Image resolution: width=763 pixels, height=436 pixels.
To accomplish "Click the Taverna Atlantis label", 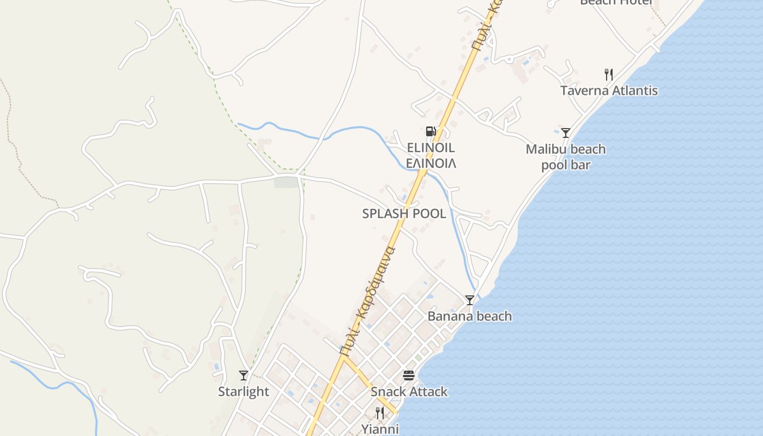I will tap(609, 90).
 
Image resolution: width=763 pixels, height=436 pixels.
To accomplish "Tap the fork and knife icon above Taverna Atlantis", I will tap(609, 75).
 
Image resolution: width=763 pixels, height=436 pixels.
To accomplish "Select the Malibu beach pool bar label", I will tap(566, 157).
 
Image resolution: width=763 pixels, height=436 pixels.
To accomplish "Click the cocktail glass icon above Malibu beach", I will tap(566, 132).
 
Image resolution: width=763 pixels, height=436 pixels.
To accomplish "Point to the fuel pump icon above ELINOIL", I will tap(431, 131).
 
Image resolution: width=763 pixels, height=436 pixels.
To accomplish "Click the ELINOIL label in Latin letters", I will tap(431, 148).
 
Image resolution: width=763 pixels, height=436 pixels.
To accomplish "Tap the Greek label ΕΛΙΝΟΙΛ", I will tap(431, 163).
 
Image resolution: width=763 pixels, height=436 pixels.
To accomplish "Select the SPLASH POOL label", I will tap(404, 214).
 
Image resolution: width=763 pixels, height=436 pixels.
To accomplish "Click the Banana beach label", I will tap(469, 316).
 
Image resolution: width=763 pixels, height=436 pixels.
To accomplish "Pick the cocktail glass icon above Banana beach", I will tap(469, 300).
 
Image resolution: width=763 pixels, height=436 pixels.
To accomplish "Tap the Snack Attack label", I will tap(409, 391).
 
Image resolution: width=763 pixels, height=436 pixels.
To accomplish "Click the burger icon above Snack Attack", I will tap(409, 375).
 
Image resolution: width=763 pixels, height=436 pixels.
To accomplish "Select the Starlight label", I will tap(243, 391).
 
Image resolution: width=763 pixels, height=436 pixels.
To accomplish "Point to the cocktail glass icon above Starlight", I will tap(243, 375).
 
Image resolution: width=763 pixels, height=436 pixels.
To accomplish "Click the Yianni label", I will tap(380, 429).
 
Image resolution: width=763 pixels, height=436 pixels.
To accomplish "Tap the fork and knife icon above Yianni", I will tap(380, 413).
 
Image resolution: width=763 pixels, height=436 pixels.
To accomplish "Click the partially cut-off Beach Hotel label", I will tap(616, 2).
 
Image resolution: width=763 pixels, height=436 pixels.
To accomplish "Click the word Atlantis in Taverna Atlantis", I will tap(633, 90).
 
